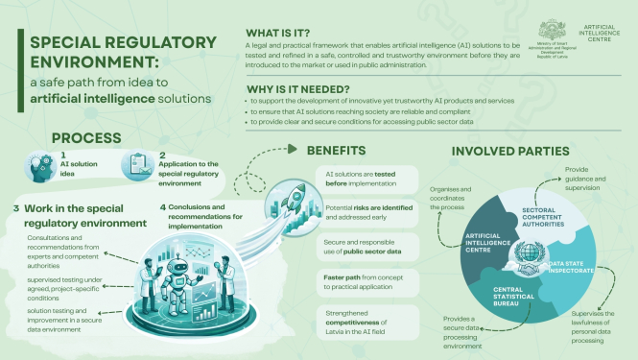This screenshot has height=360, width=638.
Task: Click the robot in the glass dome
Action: [x=170, y=275]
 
